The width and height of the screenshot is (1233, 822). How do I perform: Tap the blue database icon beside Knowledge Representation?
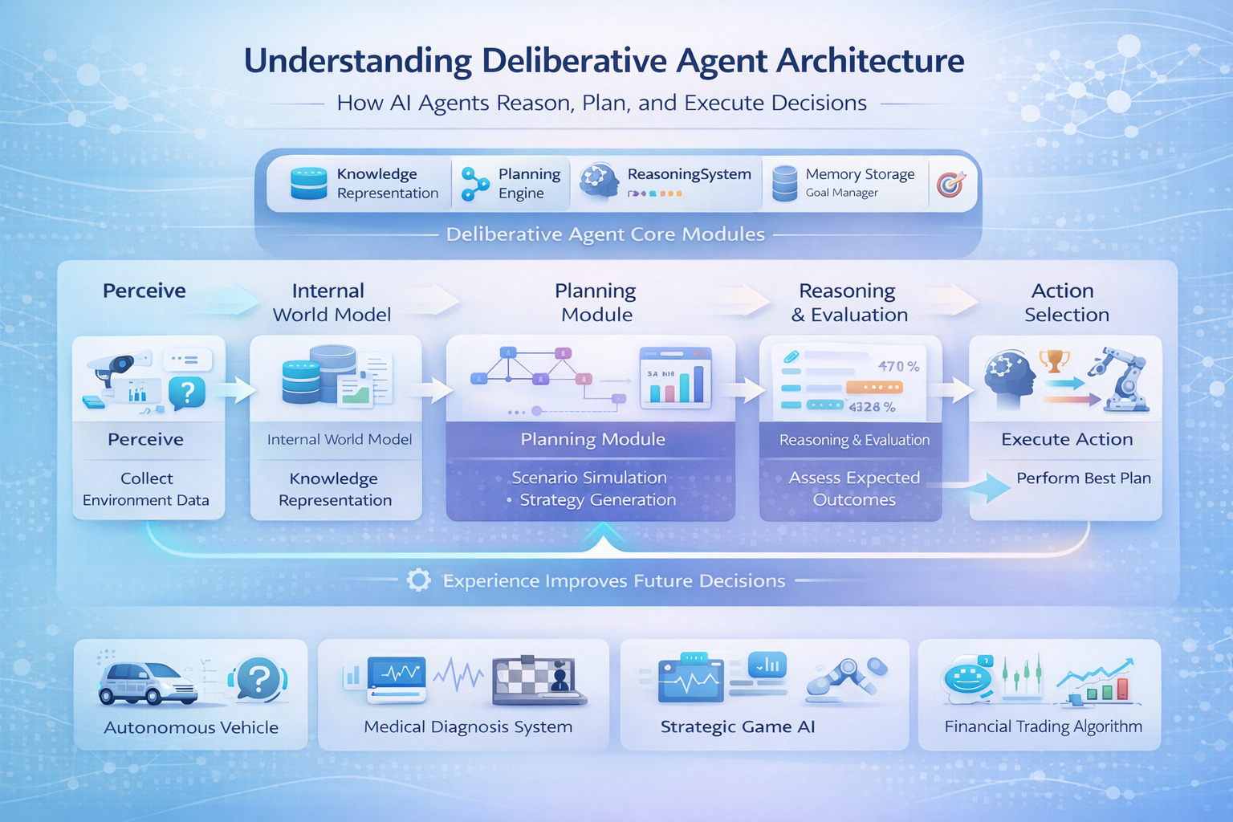click(308, 184)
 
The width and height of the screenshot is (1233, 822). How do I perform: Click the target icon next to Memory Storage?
click(950, 185)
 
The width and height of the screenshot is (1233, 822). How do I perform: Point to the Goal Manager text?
click(841, 193)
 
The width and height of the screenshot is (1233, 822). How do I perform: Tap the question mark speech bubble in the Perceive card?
click(187, 393)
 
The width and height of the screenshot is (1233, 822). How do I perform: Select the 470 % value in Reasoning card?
click(898, 366)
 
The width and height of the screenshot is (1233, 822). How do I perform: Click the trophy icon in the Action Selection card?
click(1054, 360)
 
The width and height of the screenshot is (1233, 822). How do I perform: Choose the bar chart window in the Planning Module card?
click(676, 376)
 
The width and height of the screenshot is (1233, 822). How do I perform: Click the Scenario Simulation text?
click(589, 478)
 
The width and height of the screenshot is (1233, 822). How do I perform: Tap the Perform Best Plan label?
click(1083, 478)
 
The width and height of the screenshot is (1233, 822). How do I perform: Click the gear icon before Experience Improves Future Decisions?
click(418, 580)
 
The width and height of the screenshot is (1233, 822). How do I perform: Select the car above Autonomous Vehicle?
click(148, 685)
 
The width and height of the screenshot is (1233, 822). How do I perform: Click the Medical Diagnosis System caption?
click(468, 727)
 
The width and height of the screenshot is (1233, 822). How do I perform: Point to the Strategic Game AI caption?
click(737, 727)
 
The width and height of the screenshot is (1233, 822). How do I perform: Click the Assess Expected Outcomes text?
click(854, 489)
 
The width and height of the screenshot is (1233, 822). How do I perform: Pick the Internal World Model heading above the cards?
click(332, 303)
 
